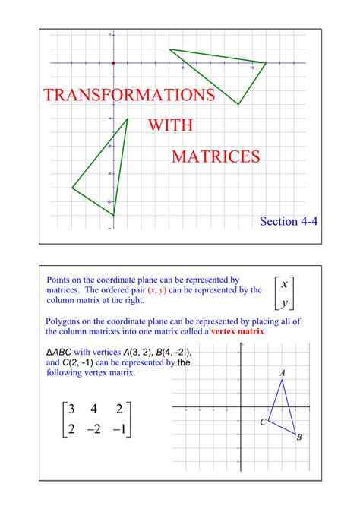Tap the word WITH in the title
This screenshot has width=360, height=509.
pos(170,125)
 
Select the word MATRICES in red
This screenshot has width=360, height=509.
pos(216,156)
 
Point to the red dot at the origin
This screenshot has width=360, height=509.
pos(112,62)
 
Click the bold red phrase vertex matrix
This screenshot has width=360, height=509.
pos(238,332)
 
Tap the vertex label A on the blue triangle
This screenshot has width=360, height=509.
pos(283,372)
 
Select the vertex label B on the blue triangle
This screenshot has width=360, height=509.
pos(299,437)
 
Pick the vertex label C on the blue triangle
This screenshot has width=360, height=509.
pos(262,422)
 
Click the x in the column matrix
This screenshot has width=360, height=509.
pos(284,285)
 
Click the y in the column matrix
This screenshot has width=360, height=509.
pos(284,303)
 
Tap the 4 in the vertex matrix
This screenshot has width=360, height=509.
pos(93,410)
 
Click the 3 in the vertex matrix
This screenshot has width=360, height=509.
pos(71,410)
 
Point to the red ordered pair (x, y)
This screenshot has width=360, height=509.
pos(156,290)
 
